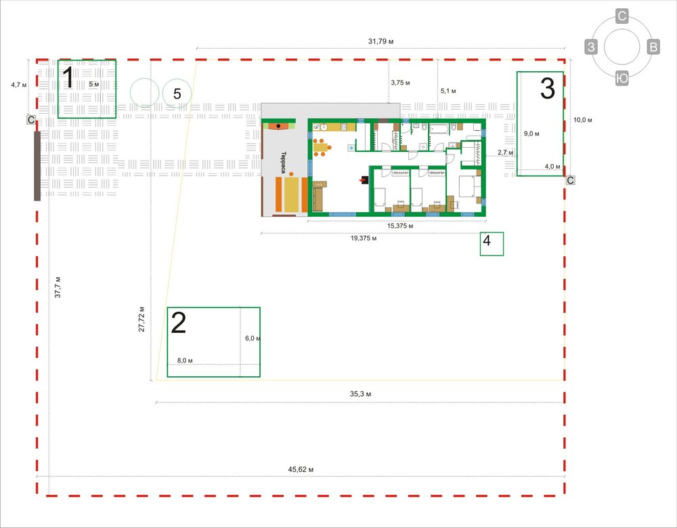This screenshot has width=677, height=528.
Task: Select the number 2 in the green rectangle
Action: (x=178, y=323)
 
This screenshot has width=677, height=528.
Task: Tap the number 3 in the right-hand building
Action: (x=548, y=87)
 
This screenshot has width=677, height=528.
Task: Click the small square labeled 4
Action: (x=492, y=243)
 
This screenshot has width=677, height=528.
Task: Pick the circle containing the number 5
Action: (x=177, y=94)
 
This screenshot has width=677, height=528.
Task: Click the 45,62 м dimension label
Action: (x=301, y=469)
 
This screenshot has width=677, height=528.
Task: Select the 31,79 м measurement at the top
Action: (x=380, y=41)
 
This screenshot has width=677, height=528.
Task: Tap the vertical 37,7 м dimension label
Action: (x=58, y=287)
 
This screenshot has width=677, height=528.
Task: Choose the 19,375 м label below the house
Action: (x=363, y=239)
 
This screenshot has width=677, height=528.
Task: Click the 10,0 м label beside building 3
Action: (x=582, y=120)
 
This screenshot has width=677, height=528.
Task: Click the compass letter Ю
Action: (x=621, y=79)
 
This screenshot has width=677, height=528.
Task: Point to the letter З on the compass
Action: (x=591, y=47)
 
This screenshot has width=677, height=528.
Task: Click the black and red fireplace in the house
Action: (x=364, y=180)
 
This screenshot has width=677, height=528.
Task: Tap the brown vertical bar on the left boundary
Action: (x=37, y=166)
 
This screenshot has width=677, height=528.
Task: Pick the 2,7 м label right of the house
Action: (x=505, y=153)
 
